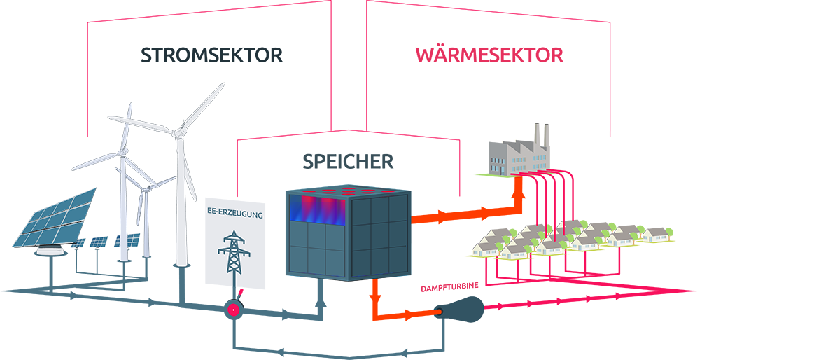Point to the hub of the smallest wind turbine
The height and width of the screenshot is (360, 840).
click(146, 188)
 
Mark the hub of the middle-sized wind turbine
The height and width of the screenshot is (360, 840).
click(124, 152)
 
